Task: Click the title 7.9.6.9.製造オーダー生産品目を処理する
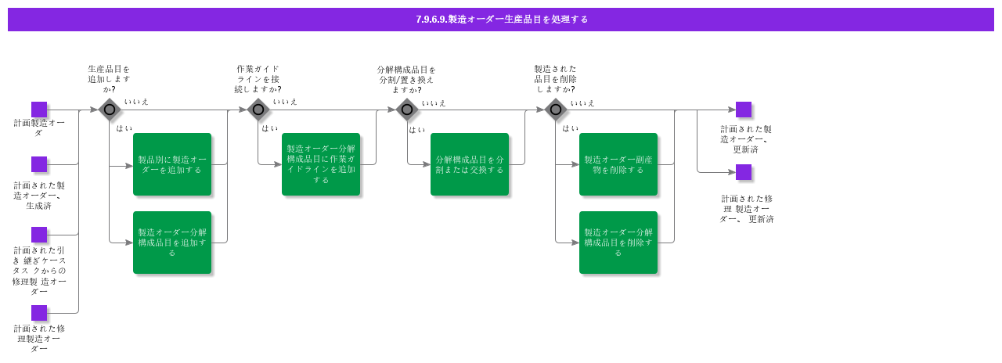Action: tap(501, 20)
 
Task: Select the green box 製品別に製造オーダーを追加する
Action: tap(172, 164)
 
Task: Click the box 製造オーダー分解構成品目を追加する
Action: tap(172, 243)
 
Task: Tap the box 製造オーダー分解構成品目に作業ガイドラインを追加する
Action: tap(321, 164)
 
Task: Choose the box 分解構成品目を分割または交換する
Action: tap(470, 164)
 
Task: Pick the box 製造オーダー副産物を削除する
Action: tap(618, 164)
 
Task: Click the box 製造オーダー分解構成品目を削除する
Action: tap(618, 243)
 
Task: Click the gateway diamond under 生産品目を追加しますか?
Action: tap(110, 110)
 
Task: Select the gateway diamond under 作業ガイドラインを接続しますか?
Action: tap(258, 110)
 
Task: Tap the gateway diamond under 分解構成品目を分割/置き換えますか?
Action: tap(407, 110)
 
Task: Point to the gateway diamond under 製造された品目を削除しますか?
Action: tap(556, 110)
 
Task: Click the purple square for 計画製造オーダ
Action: tap(39, 110)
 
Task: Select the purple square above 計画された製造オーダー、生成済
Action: tap(39, 164)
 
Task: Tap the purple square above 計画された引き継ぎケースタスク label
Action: tap(39, 235)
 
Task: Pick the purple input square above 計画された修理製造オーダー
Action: tap(39, 313)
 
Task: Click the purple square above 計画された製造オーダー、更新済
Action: tap(744, 110)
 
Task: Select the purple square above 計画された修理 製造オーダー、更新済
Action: tap(744, 172)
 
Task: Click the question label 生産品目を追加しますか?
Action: tap(109, 79)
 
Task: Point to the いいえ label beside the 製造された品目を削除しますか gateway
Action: tap(582, 102)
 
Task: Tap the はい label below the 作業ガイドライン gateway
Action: tap(270, 128)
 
